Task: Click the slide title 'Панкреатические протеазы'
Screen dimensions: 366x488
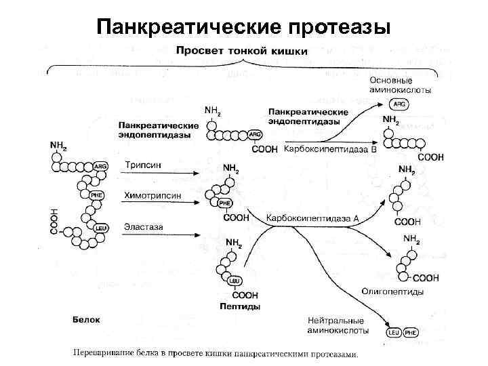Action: click(x=243, y=27)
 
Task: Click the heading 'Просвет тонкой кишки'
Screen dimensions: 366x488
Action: click(x=242, y=51)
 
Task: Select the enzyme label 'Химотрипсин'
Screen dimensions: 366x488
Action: click(x=152, y=195)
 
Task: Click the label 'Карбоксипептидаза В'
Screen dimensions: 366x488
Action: click(x=329, y=148)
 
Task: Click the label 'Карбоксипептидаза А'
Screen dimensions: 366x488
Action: click(x=312, y=218)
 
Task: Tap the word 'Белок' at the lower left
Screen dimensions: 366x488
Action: click(x=86, y=318)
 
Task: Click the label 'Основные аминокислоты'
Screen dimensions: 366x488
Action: click(x=400, y=85)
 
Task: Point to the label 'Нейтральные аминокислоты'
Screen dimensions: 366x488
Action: click(x=337, y=325)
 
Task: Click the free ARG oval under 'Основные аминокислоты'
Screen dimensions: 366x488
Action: click(x=399, y=104)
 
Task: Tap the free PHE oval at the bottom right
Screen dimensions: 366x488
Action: click(x=411, y=333)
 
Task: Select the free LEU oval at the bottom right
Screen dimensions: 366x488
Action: click(x=394, y=333)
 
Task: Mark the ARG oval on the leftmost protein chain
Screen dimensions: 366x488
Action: click(x=101, y=166)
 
